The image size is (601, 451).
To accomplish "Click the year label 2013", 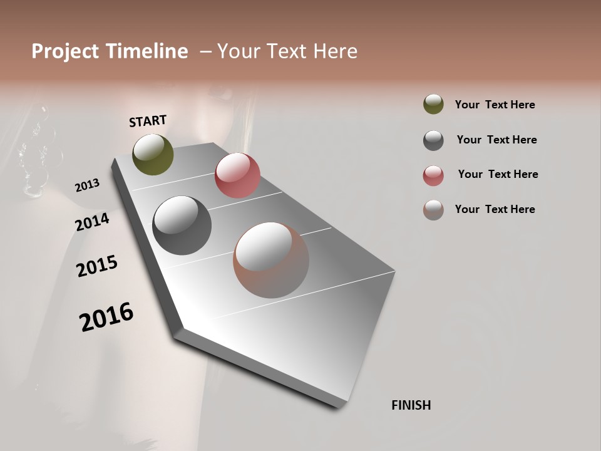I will (x=87, y=185).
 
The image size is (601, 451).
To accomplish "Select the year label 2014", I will (x=93, y=222).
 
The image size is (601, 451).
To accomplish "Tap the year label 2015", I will (x=97, y=266).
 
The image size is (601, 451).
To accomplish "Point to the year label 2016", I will (x=106, y=317).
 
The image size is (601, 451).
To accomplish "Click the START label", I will (x=148, y=121).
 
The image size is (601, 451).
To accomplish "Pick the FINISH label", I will (x=411, y=405).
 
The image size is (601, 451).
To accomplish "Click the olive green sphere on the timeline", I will (x=153, y=155).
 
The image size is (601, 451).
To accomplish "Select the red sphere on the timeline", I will (x=237, y=175).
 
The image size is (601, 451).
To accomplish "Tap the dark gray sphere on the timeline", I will (x=182, y=225).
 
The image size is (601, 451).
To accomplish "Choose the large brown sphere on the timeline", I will (x=271, y=260).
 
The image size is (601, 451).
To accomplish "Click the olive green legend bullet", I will (x=433, y=105).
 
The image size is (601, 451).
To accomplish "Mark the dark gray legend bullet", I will (x=433, y=140).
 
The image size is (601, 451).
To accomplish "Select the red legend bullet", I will (x=433, y=175).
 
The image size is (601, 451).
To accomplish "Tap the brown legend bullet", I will (x=433, y=210).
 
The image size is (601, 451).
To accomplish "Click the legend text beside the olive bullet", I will (x=495, y=105).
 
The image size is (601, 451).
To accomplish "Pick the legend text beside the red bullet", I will (x=498, y=174).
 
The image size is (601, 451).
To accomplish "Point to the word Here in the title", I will (x=331, y=51).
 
